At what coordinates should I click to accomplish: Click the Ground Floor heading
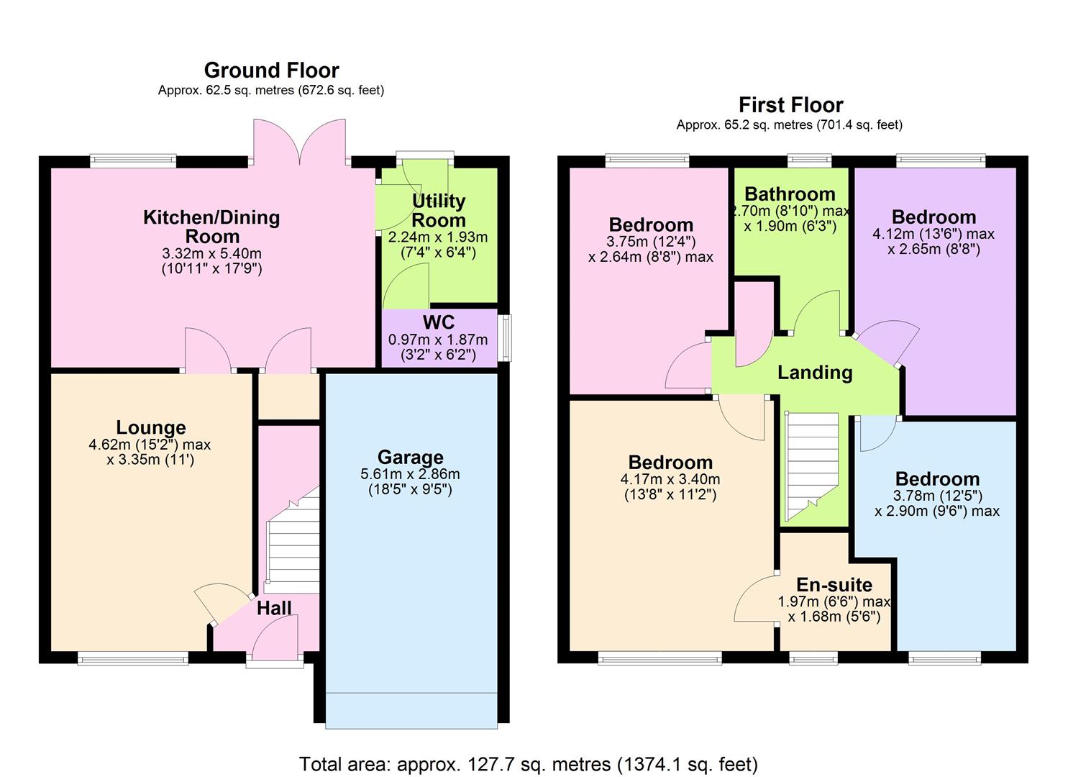[x=271, y=71]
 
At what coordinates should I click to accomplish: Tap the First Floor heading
[x=790, y=105]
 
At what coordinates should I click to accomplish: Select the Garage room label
[x=410, y=458]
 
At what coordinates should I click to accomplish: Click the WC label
[x=438, y=322]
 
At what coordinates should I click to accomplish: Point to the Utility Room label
[x=438, y=211]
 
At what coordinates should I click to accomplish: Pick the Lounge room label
[x=151, y=428]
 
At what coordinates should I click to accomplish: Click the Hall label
[x=274, y=608]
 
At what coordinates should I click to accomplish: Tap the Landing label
[x=814, y=372]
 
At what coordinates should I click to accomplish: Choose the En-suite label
[x=834, y=585]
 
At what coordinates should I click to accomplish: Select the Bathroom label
[x=790, y=194]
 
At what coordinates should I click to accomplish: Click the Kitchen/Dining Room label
[x=211, y=227]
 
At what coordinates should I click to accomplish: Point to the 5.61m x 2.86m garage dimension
[x=410, y=474]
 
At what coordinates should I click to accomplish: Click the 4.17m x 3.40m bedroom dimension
[x=670, y=479]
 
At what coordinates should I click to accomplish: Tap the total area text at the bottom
[x=528, y=763]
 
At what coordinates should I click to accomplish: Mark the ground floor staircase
[x=292, y=540]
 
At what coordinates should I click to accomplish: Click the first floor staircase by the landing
[x=812, y=464]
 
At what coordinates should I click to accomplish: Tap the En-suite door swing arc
[x=752, y=597]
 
